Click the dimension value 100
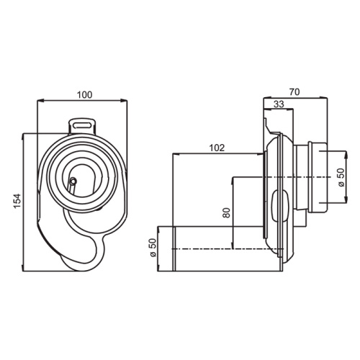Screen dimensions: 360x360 84,95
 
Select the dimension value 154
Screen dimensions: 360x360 17,201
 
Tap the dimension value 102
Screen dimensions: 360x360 217,148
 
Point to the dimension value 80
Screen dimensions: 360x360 226,213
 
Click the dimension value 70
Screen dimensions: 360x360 294,92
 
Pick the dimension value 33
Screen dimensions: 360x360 279,104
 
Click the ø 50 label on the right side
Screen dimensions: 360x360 341,177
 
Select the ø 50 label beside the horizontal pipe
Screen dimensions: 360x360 153,248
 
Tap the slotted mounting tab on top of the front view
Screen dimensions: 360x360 82,125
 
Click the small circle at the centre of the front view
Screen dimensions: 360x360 73,181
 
